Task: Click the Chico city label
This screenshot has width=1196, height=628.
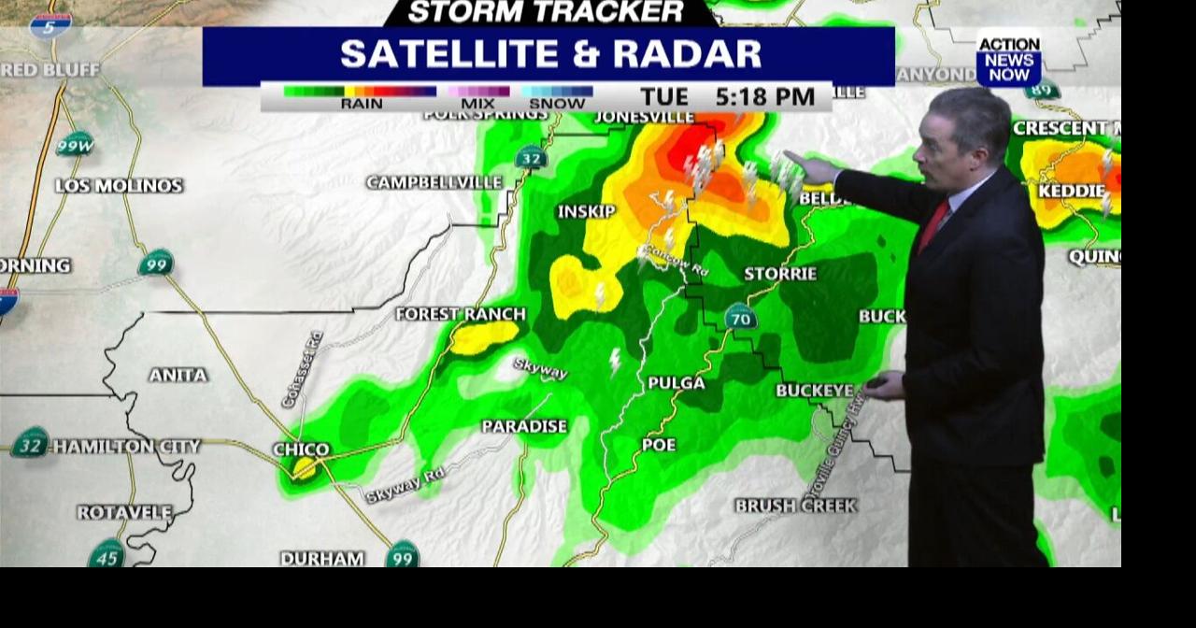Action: coord(301,450)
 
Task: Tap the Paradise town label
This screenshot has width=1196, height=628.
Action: coord(524,426)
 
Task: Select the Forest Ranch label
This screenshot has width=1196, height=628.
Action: coord(461,314)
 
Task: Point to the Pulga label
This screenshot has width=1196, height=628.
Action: coord(676,383)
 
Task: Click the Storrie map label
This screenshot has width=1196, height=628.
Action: coord(780,274)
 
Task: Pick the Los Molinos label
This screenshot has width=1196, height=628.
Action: coord(119,186)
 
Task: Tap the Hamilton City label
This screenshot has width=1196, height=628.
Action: coord(126,447)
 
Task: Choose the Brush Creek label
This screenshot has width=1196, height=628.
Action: coord(795,506)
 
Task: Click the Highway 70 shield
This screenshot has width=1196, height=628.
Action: coord(740,317)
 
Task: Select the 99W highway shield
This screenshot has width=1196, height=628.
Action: coord(75,145)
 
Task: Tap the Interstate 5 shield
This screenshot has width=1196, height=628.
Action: coord(50,25)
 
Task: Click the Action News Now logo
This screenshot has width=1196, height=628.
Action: coord(1009,59)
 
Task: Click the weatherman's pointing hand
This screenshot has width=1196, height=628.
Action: coord(811,167)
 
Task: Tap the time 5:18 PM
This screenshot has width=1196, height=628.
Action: coord(765,97)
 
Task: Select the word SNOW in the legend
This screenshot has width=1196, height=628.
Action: coord(557,104)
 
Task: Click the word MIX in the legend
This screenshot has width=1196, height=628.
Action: coord(477,104)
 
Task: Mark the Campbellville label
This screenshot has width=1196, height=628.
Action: coord(434,182)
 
